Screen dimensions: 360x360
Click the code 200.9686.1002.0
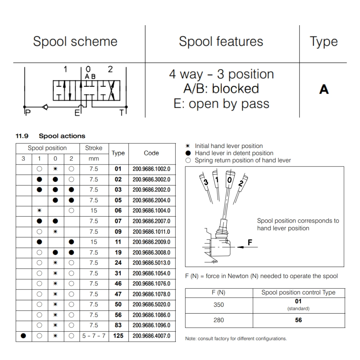tap(151, 169)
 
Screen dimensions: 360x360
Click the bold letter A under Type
tap(324, 89)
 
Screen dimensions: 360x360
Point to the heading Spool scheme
tap(75, 41)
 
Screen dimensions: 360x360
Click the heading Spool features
tap(221, 41)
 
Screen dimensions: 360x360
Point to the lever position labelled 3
tap(206, 183)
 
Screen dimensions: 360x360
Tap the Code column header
tap(151, 153)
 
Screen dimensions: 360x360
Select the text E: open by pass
tap(221, 104)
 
